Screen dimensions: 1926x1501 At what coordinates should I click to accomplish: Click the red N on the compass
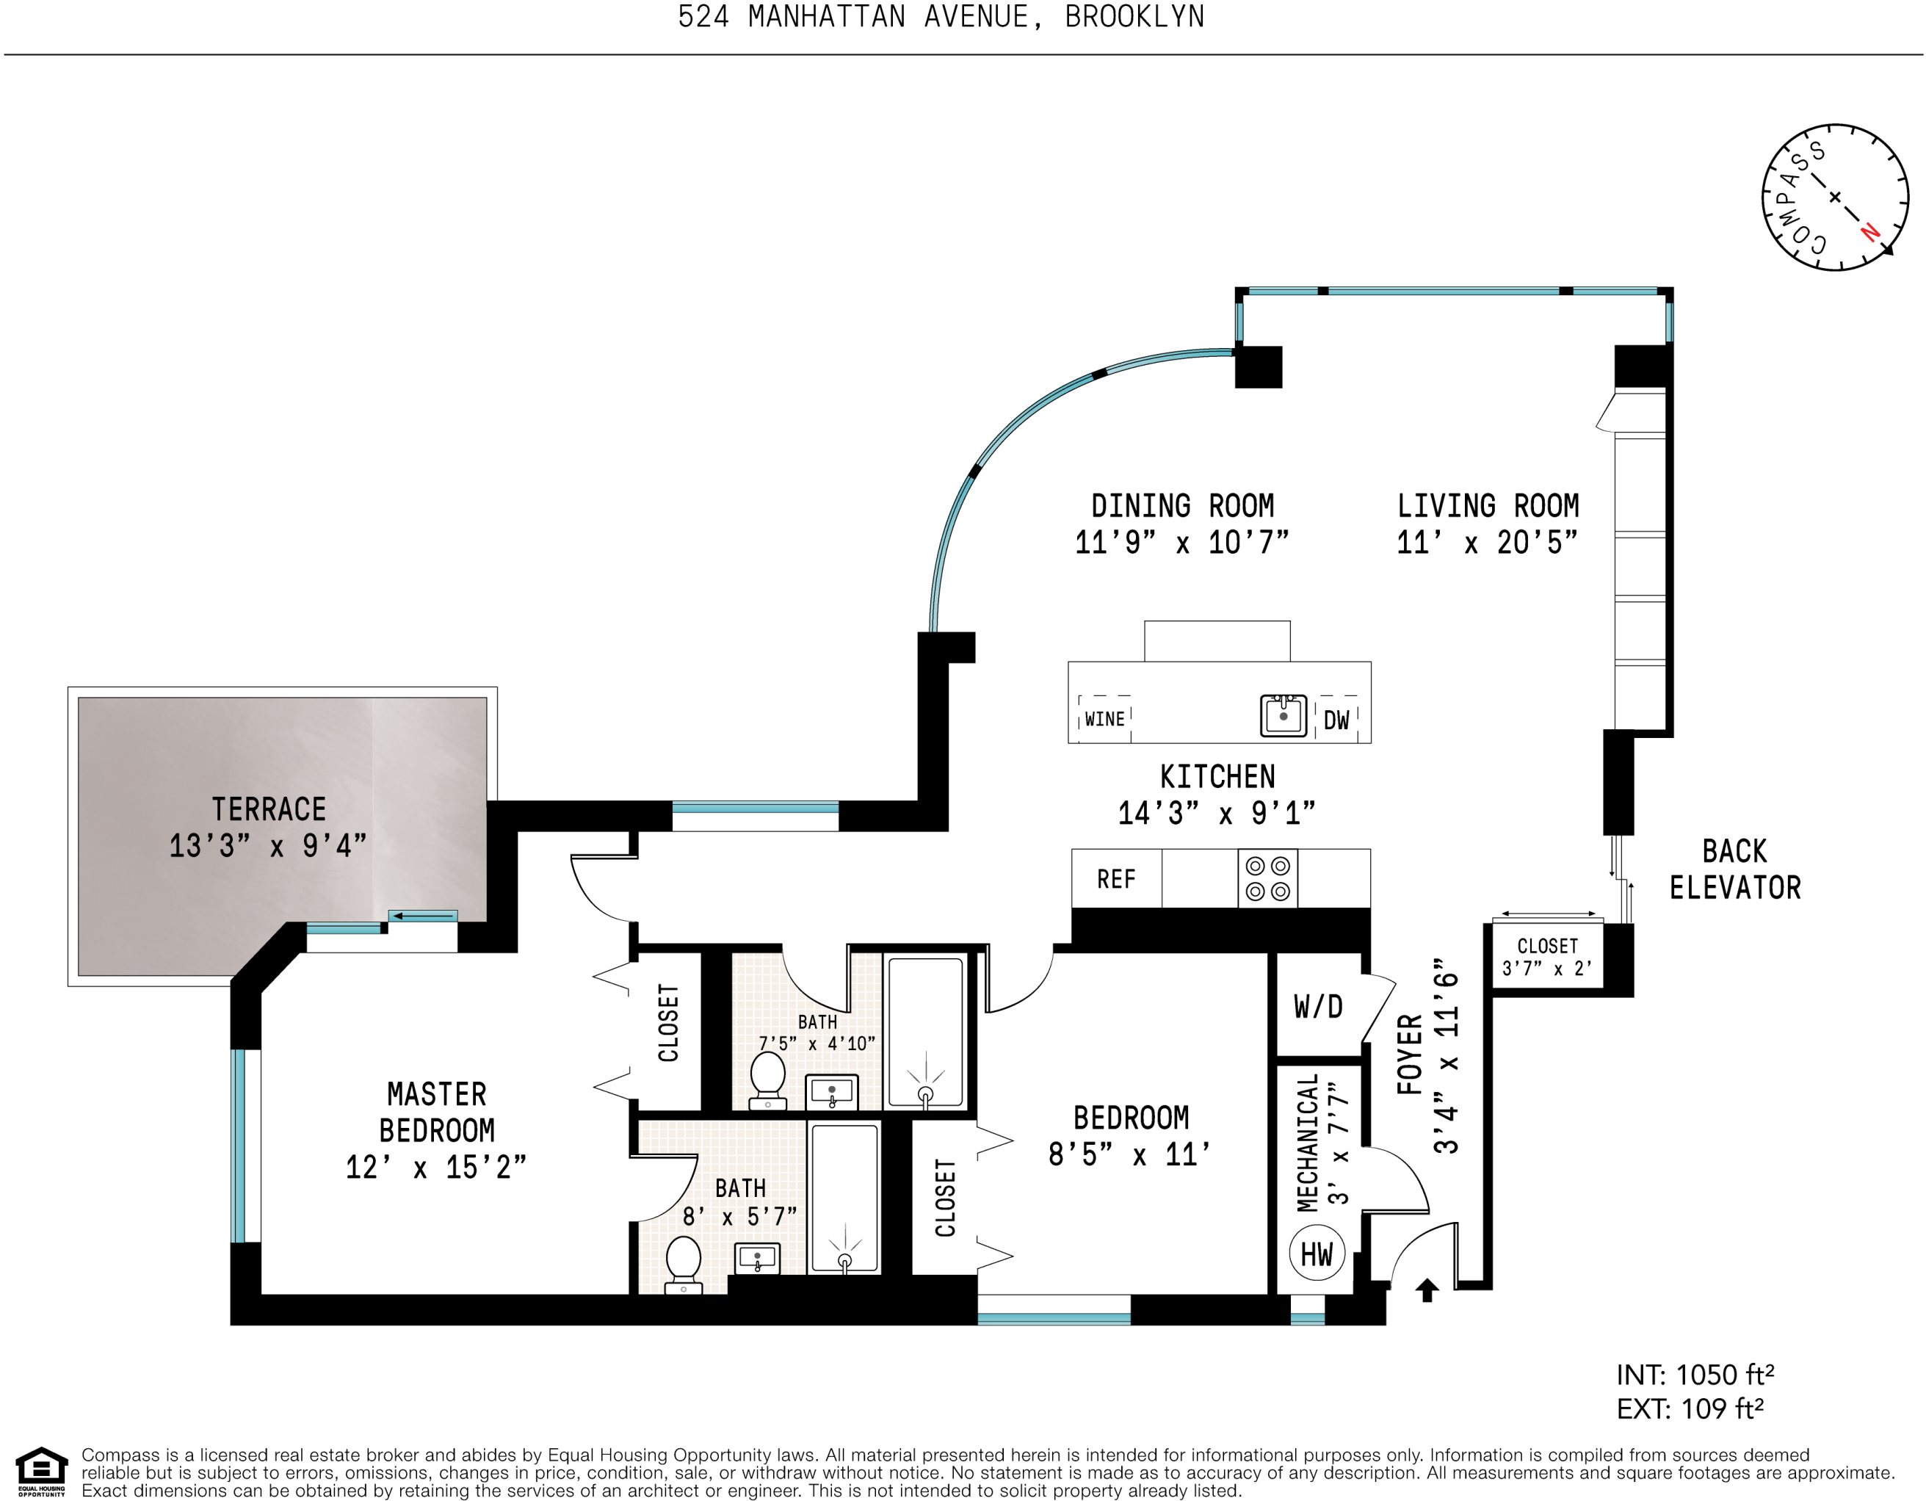tap(1869, 232)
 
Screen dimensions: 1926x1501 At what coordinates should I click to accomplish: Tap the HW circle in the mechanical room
tap(1317, 1254)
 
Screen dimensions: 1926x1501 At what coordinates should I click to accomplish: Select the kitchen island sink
tap(1283, 715)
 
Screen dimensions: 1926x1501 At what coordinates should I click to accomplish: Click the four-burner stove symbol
tap(1268, 878)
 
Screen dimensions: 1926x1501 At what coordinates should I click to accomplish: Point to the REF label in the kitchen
tap(1115, 879)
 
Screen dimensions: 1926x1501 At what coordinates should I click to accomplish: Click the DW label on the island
tap(1337, 720)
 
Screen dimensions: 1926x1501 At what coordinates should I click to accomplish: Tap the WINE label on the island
tap(1104, 720)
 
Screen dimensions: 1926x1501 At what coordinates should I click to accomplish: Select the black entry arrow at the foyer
tap(1427, 1290)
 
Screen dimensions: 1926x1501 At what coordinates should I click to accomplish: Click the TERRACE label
tap(268, 809)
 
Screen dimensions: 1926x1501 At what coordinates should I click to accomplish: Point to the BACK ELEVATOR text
tap(1734, 869)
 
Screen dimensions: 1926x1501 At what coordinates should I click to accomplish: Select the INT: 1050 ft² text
tap(1694, 1375)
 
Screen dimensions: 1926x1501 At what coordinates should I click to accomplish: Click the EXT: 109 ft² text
tap(1689, 1409)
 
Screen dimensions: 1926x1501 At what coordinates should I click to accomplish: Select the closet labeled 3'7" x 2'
tap(1548, 957)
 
